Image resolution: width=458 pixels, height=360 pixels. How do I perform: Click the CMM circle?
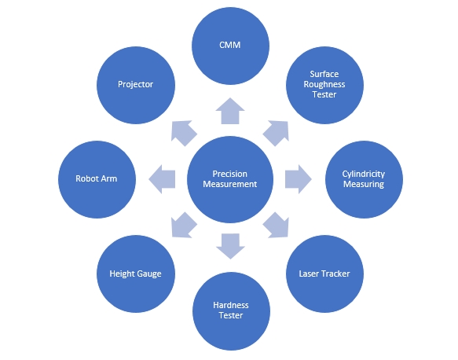(x=230, y=46)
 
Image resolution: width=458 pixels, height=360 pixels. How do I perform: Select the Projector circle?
(x=136, y=85)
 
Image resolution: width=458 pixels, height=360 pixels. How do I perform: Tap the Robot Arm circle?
(x=97, y=179)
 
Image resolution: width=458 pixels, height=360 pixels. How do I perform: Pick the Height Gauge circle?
(x=136, y=274)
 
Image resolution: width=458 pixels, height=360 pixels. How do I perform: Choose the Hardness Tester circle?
(x=231, y=311)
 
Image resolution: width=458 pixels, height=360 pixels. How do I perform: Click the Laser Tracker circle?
(x=324, y=274)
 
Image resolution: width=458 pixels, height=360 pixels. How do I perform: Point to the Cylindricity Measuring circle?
(x=364, y=179)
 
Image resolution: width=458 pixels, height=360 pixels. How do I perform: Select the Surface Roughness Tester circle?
(x=324, y=85)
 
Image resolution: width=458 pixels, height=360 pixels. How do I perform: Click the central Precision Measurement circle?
(x=230, y=179)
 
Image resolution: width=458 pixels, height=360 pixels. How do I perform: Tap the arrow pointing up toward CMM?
(x=230, y=112)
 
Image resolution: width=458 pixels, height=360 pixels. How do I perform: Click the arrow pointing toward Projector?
(x=183, y=132)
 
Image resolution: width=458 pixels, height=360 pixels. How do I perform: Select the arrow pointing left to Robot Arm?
(x=163, y=179)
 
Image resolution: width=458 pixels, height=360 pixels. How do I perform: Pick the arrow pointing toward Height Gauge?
(x=183, y=226)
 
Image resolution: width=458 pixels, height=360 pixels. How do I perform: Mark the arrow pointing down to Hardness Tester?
(x=230, y=246)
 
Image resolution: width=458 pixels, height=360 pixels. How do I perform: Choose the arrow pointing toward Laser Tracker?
(x=277, y=226)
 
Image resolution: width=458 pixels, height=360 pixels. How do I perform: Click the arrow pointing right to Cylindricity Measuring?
(x=299, y=179)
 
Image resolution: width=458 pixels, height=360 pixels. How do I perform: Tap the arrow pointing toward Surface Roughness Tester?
(x=277, y=132)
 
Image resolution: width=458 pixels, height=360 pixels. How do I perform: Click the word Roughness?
(x=324, y=85)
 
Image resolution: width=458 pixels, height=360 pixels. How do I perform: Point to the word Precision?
(x=230, y=174)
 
